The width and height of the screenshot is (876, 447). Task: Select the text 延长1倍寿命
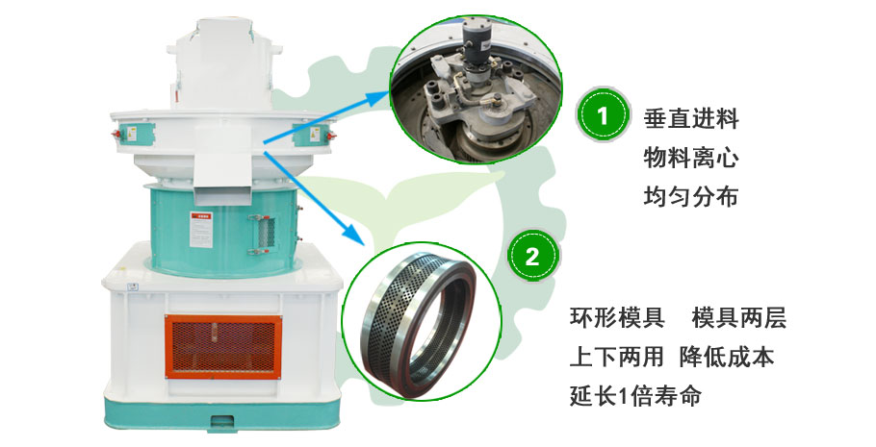[x=635, y=395]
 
